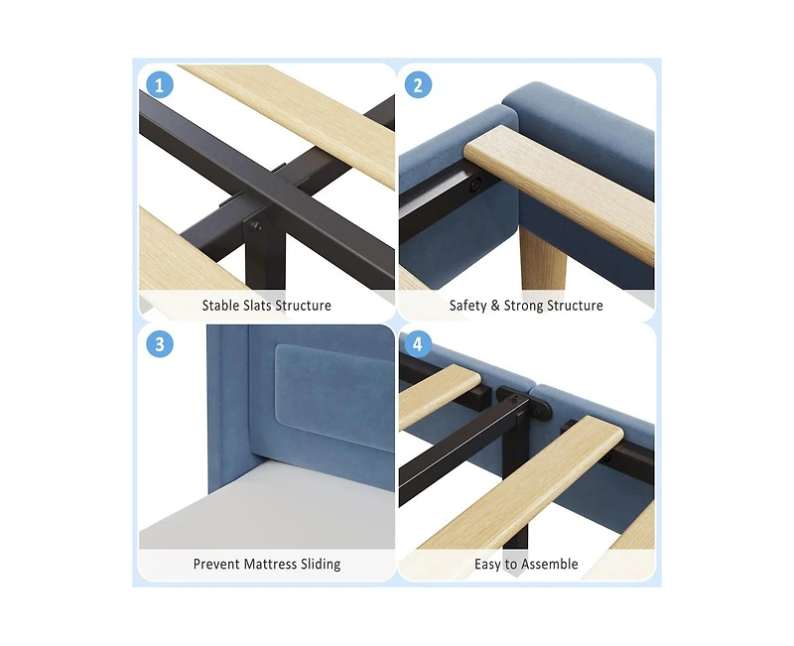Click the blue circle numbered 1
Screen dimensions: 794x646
pos(160,84)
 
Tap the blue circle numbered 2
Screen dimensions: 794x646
pos(418,84)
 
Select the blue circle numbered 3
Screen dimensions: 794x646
pos(160,343)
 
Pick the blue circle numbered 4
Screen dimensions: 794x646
pos(418,343)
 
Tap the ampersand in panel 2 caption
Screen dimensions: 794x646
pos(495,306)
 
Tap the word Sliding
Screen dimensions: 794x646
pos(321,565)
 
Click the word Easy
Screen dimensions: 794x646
pos(487,565)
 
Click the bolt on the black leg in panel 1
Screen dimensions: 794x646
pos(257,226)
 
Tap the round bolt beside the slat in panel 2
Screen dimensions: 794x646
pos(475,186)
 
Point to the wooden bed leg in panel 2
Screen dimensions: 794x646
pos(543,259)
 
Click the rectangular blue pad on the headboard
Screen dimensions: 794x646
pos(334,394)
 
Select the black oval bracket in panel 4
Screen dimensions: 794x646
pos(523,405)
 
